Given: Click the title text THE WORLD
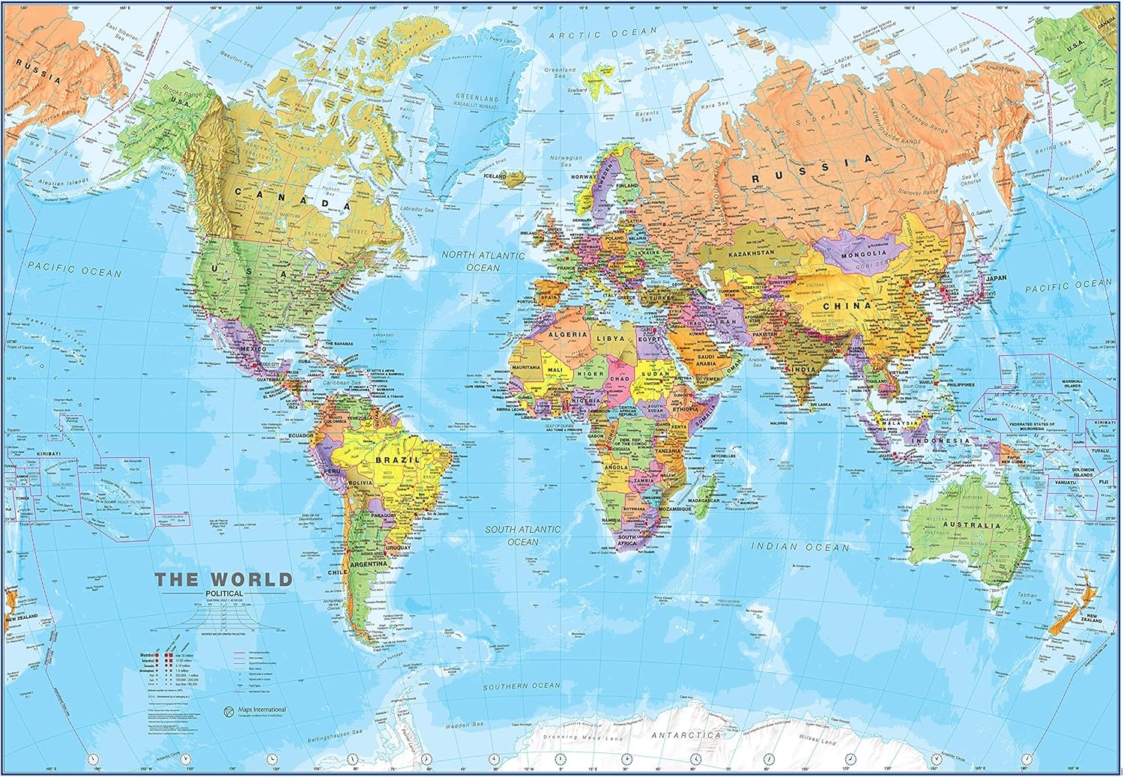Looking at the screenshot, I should coord(223,579).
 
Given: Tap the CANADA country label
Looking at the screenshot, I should coord(293,197).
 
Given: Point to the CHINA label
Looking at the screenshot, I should coord(847,306).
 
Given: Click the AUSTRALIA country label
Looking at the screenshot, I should coord(971,525).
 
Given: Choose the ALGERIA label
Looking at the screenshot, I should coord(567,335).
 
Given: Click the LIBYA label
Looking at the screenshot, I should coord(609,339).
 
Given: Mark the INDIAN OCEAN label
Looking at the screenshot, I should coord(800,548).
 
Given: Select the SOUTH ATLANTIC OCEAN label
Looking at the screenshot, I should coord(522,535).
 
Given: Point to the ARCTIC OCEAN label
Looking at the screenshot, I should coord(602,34).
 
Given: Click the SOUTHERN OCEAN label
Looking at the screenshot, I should coord(522,686).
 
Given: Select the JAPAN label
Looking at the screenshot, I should coord(996,278).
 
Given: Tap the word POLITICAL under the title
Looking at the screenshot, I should coord(223,594).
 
